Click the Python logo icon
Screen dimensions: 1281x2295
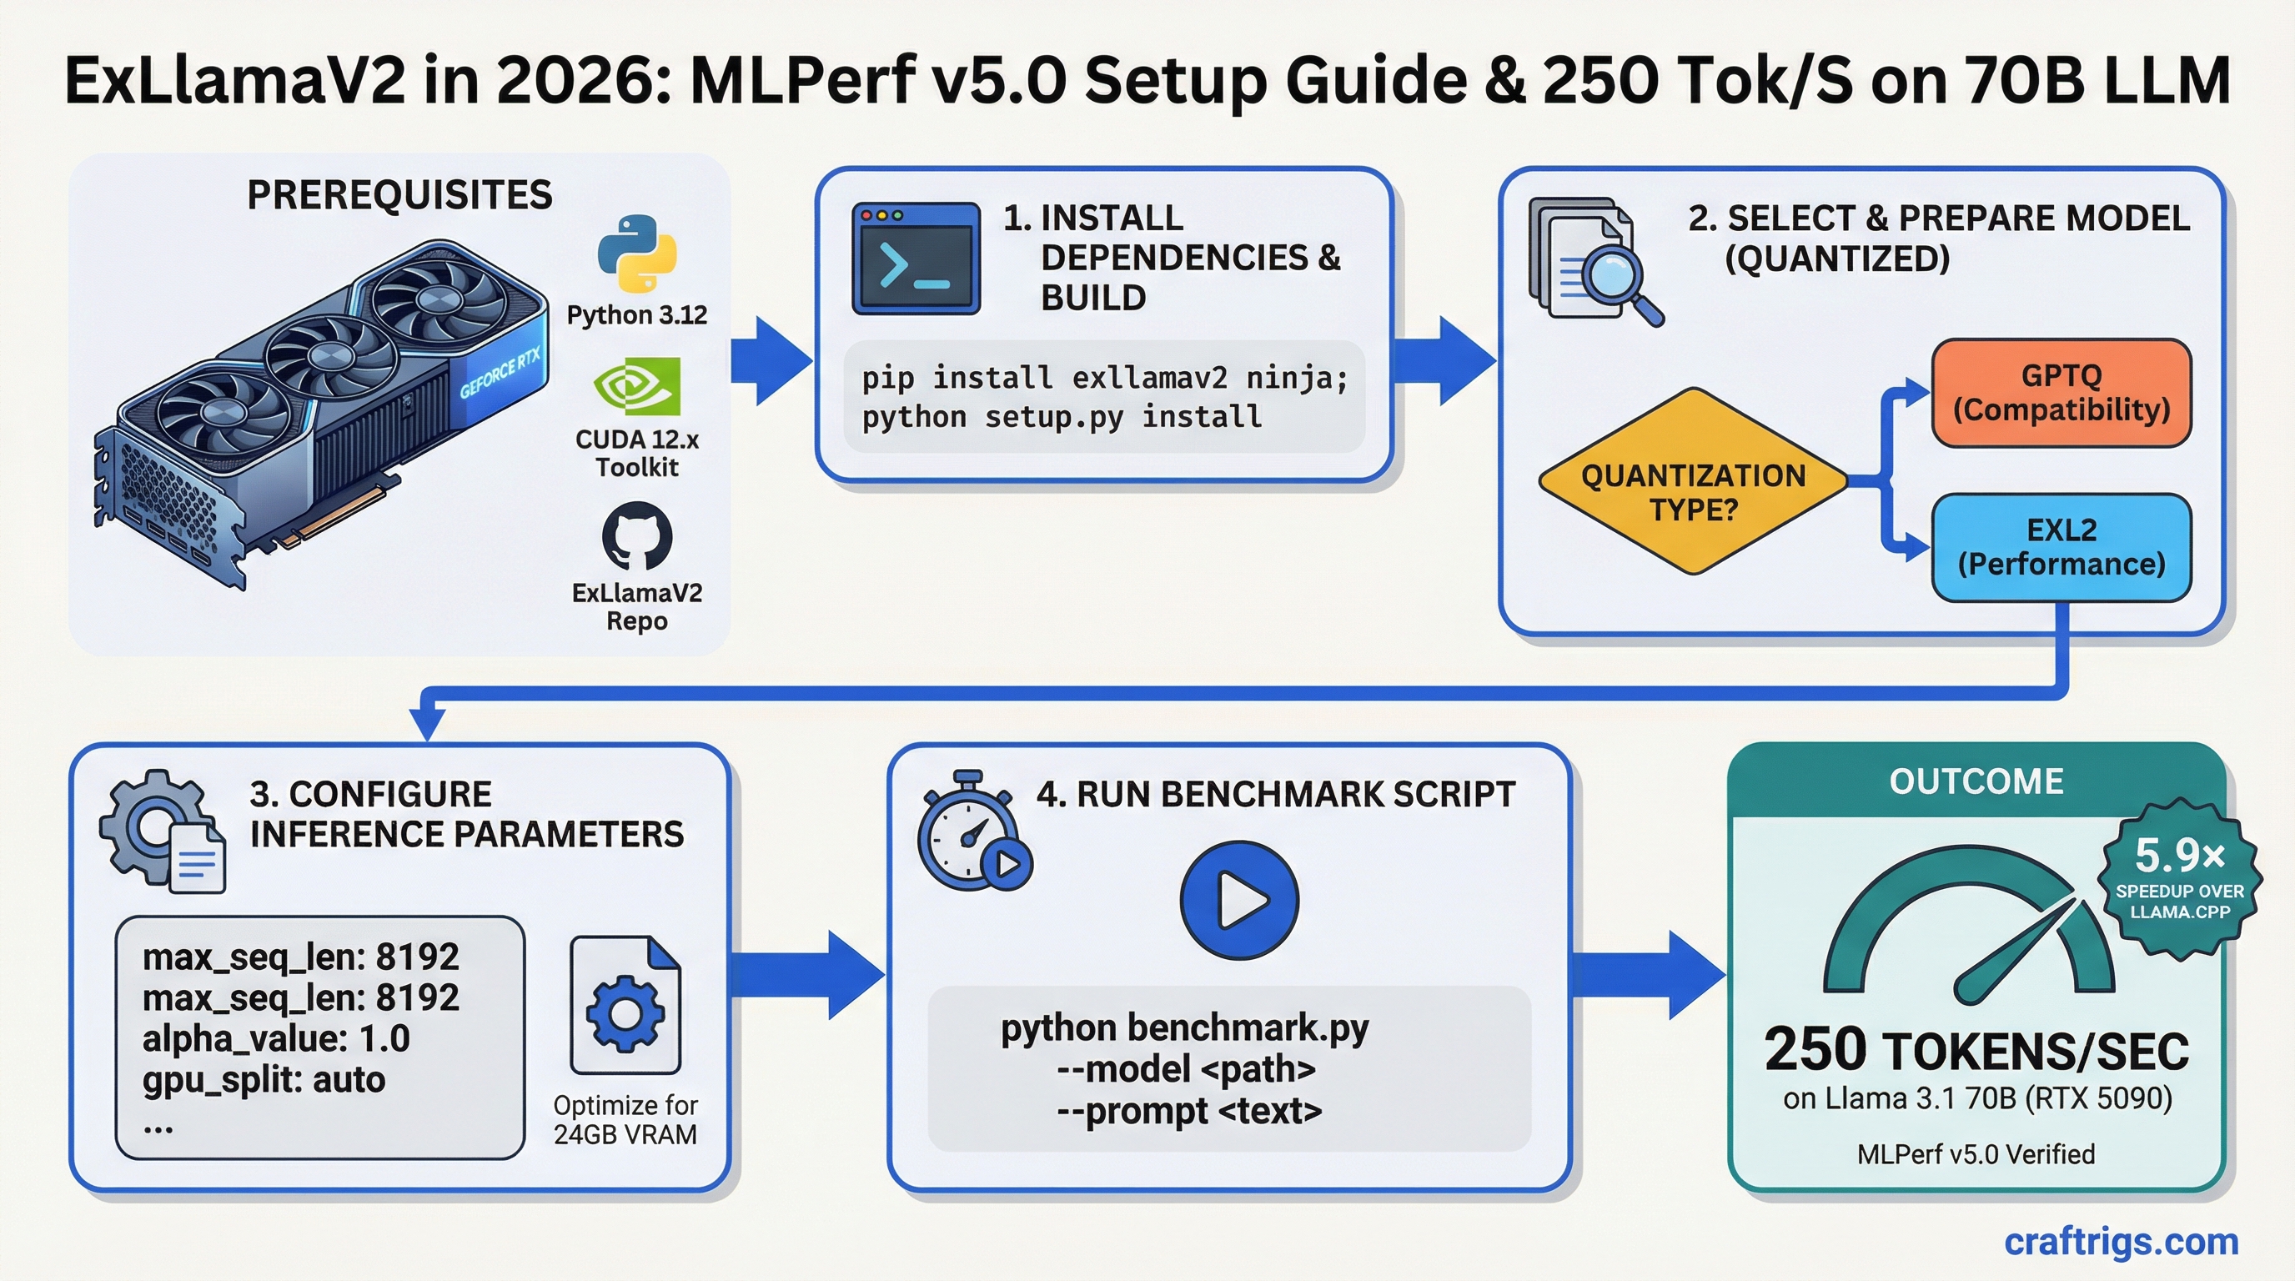coord(637,253)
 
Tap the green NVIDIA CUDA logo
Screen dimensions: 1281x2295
coord(637,386)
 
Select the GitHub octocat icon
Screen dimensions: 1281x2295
coord(637,535)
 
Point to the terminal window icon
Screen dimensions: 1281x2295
coord(916,259)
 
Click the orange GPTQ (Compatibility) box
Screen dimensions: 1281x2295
coord(2061,393)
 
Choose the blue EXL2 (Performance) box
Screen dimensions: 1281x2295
coord(2061,547)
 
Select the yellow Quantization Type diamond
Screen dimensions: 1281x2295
coord(1693,482)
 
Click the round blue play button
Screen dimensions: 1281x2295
coord(1239,900)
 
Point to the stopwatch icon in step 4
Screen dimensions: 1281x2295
coord(969,834)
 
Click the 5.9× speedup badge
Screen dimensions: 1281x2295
coord(2179,877)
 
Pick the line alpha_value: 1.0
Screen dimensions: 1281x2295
coord(276,1038)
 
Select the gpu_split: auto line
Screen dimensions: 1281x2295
coord(264,1080)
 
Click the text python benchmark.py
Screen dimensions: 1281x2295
coord(1184,1028)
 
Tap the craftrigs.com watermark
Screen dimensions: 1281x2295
coord(2121,1241)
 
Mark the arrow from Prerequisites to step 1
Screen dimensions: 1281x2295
coord(770,361)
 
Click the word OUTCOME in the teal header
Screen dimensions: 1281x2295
coord(1976,781)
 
